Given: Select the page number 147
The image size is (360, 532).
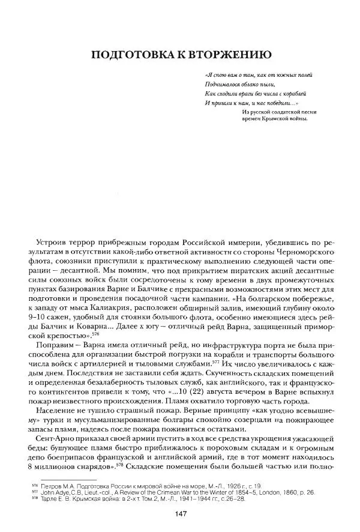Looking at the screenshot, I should tap(181, 513).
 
